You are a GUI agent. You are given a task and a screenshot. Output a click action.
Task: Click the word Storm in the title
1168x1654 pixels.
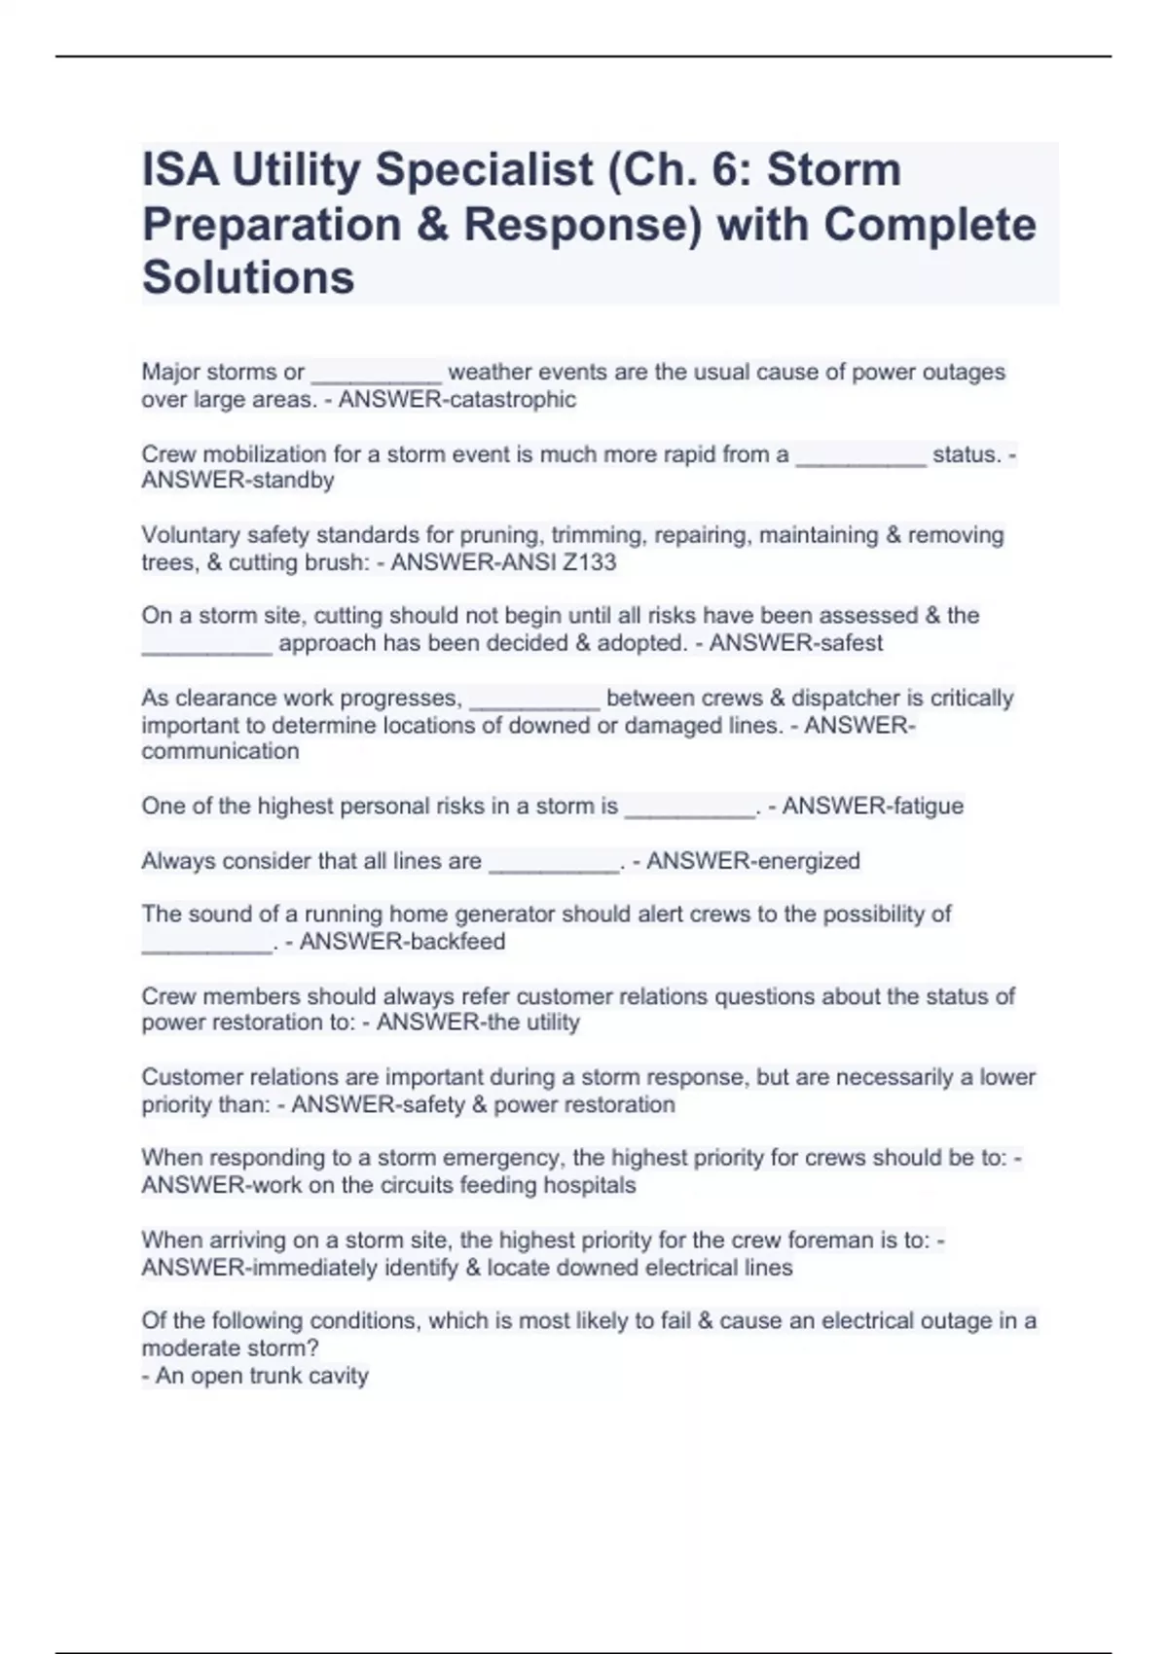[834, 170]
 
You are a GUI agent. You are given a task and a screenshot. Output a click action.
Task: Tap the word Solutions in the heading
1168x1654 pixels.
[248, 277]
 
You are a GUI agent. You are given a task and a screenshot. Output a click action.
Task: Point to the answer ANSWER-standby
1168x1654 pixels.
[237, 481]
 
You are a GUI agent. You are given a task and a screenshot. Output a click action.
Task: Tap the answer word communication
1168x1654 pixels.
[220, 751]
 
